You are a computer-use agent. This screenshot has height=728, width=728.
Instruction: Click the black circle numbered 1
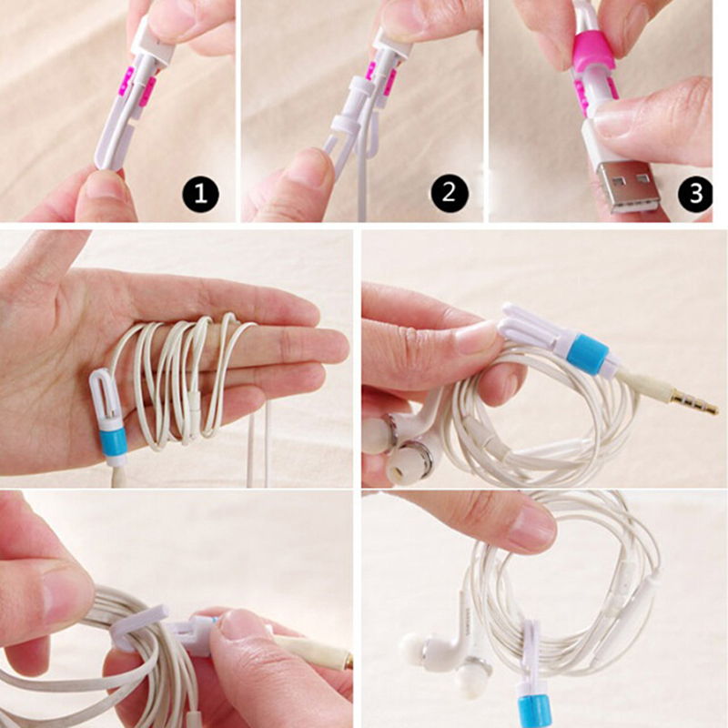pos(200,192)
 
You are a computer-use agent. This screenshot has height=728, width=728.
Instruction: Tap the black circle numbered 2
pos(449,192)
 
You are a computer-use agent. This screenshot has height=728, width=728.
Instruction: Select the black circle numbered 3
pos(695,192)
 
